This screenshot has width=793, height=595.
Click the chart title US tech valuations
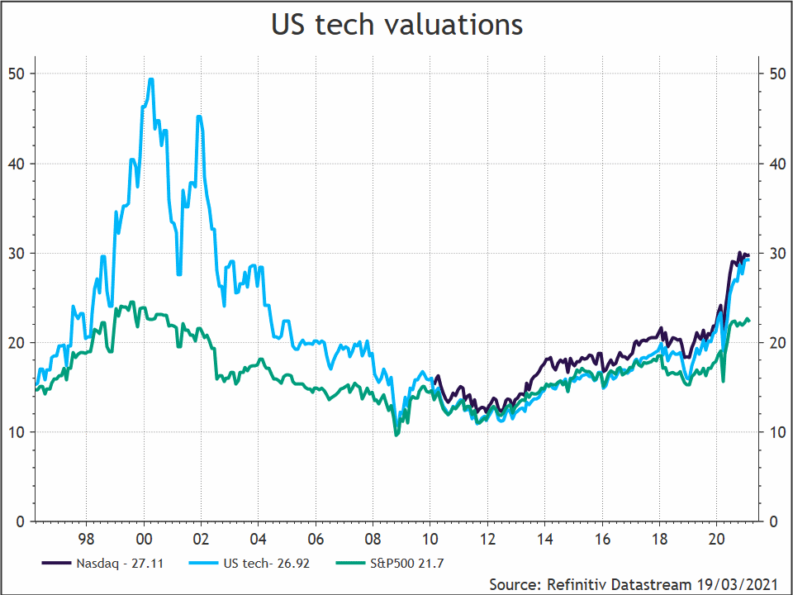[396, 25]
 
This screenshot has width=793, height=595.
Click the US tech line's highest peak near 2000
[150, 79]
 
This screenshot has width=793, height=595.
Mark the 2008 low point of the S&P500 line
[396, 435]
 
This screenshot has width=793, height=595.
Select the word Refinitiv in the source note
[576, 584]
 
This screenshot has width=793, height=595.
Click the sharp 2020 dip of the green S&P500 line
[724, 381]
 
